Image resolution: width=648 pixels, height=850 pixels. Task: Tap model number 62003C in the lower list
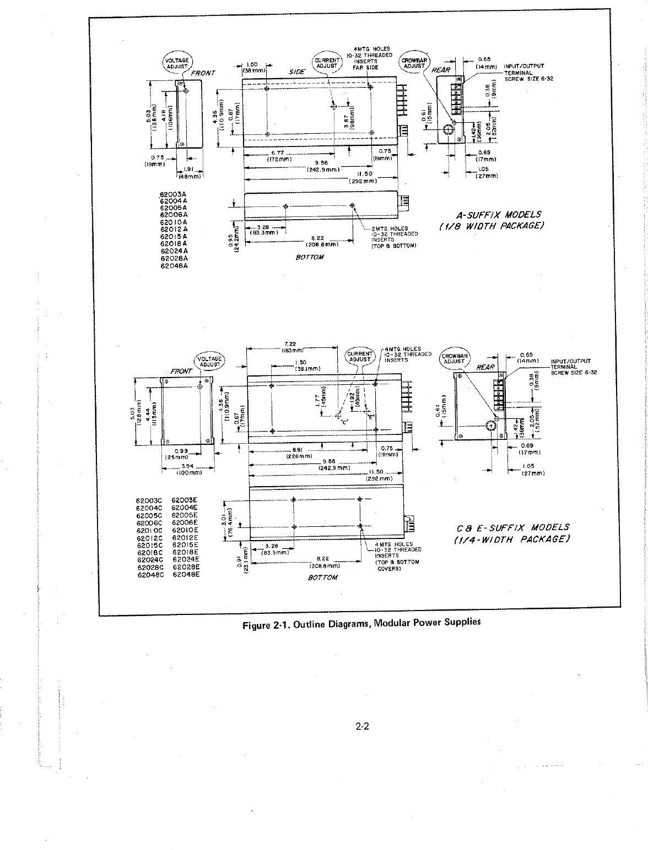148,501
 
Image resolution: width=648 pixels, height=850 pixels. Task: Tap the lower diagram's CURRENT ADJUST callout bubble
360,356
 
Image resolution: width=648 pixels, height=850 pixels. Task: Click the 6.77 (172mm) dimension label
276,156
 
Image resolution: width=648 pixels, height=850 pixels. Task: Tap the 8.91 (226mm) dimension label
300,453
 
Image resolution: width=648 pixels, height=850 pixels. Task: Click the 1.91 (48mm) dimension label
190,173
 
